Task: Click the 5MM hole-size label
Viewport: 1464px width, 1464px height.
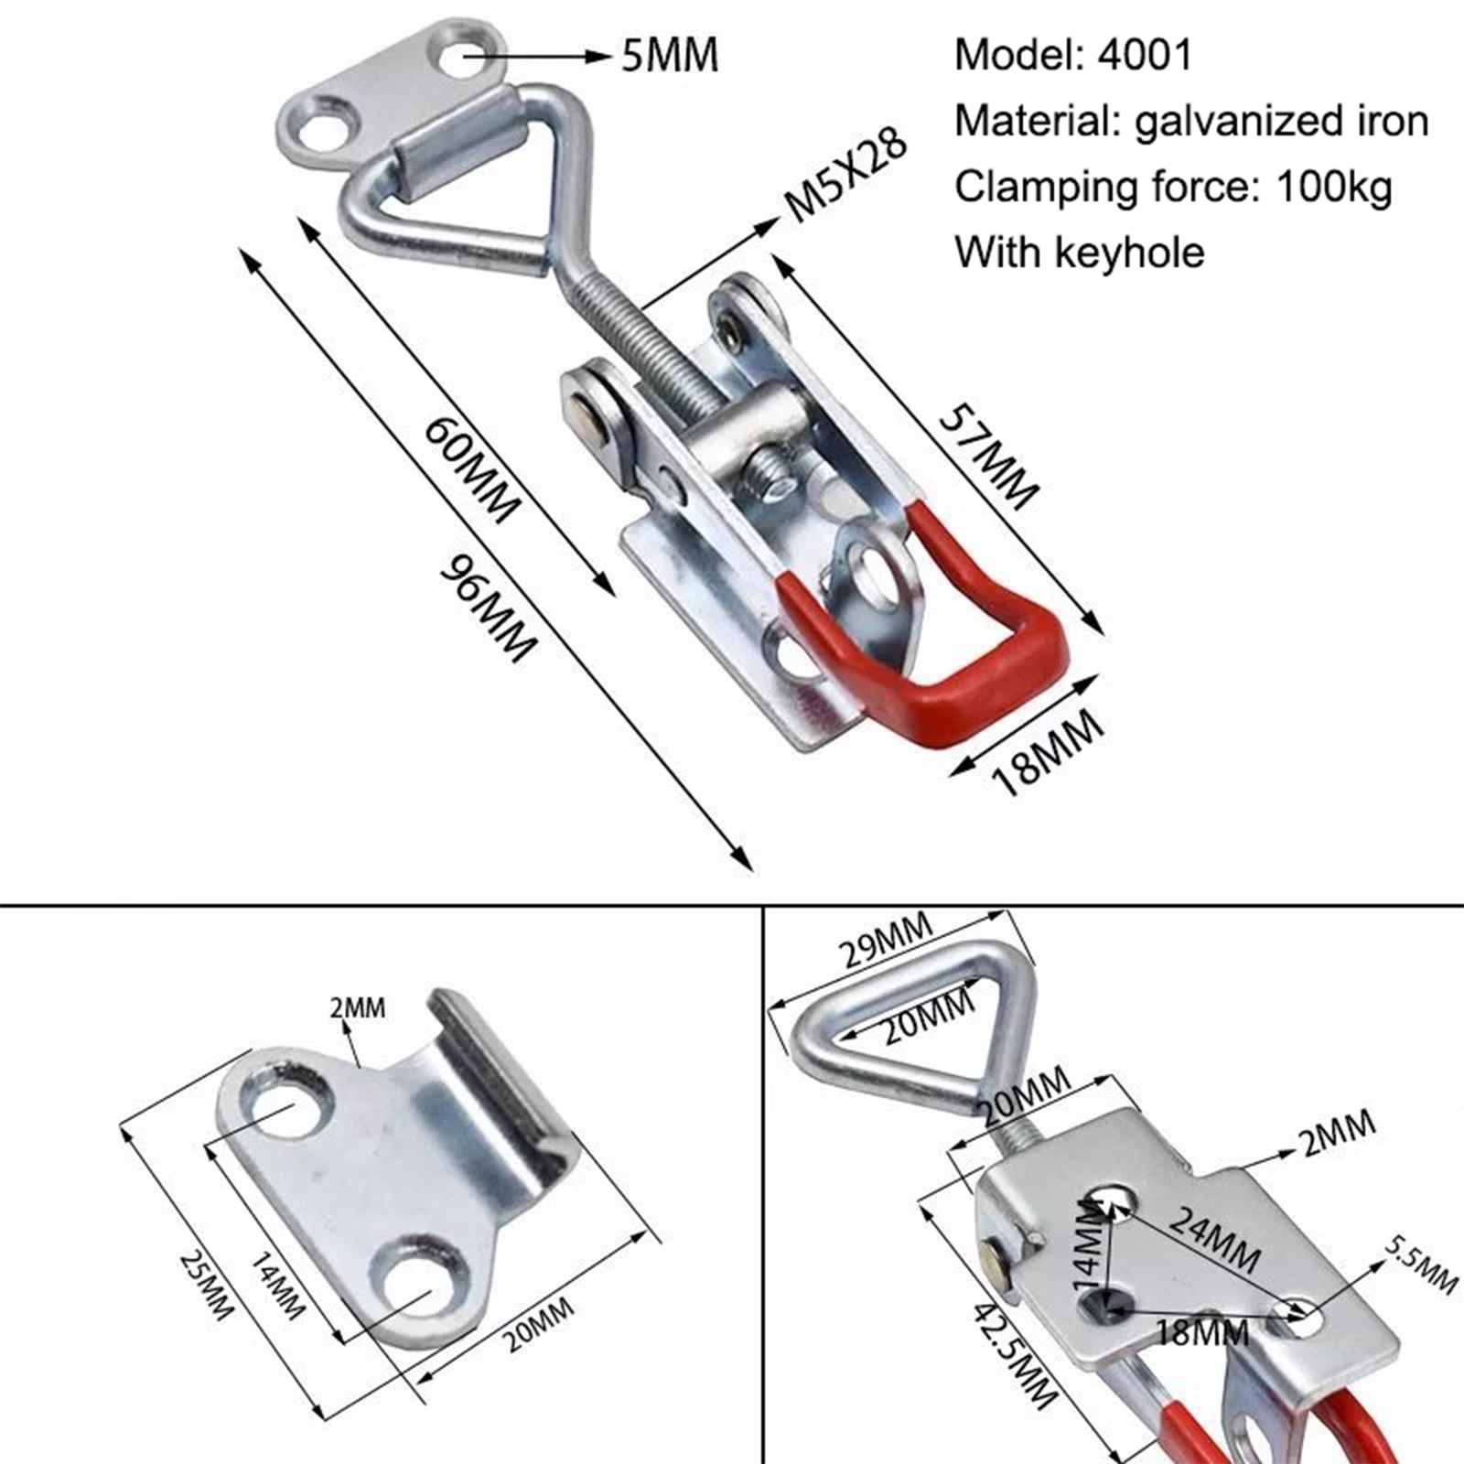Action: point(670,56)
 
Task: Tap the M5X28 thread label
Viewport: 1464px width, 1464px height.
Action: point(846,174)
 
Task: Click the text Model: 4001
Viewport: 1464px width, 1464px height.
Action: point(1073,55)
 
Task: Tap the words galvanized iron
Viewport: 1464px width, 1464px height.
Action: point(1281,121)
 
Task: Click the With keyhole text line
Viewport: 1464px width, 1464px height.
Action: point(1080,253)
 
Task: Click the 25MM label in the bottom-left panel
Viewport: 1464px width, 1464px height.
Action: point(207,1285)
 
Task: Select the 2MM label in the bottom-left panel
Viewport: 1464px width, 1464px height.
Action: point(358,1008)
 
